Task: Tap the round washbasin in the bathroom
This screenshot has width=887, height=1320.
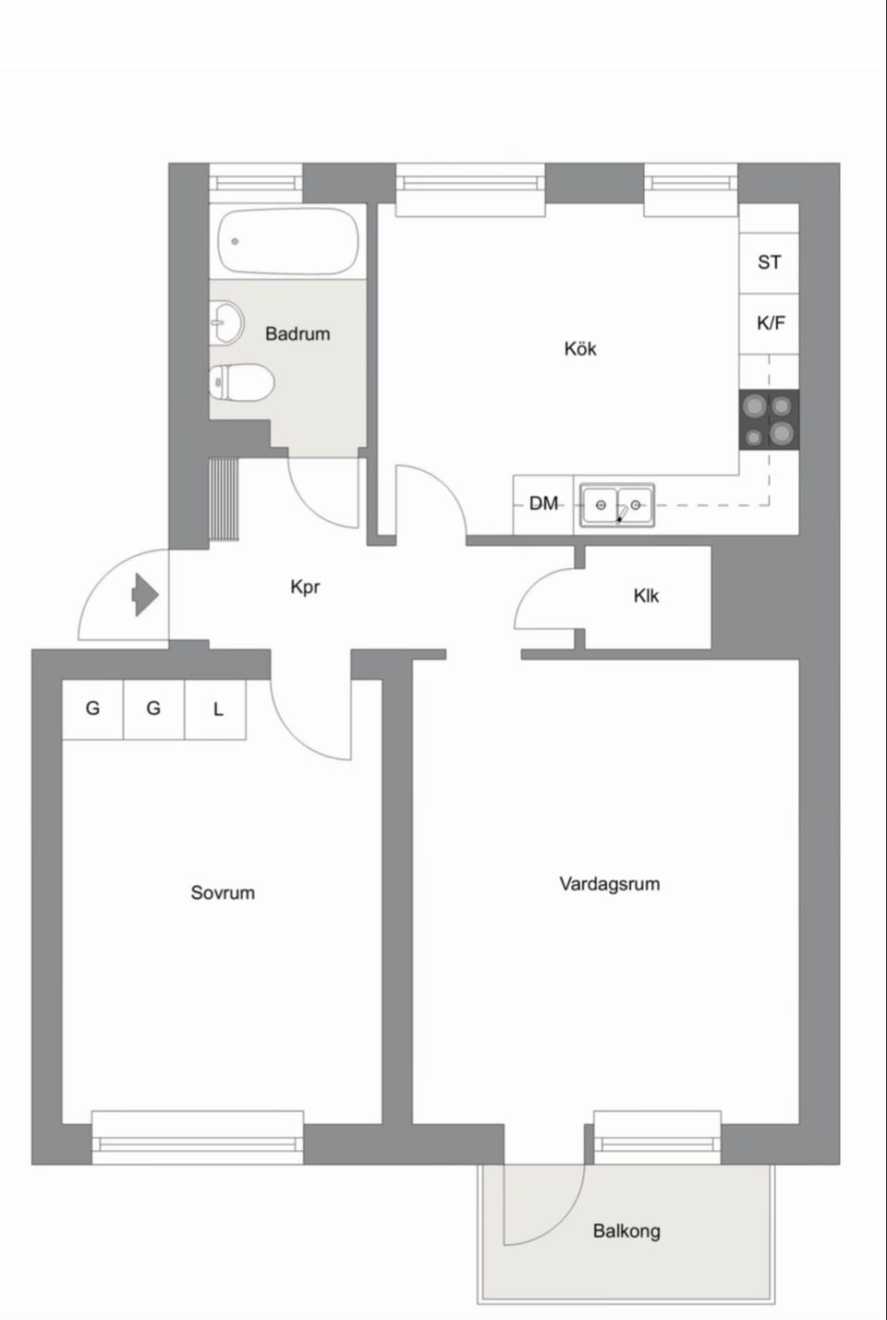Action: coord(225,323)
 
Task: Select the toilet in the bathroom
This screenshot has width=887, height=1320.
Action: coord(241,382)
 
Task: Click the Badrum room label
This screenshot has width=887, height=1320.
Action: coord(298,334)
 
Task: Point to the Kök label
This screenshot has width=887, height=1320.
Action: coord(580,349)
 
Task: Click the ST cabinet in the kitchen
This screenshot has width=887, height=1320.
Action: coord(769,263)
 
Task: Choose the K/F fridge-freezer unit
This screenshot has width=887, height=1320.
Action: coord(770,323)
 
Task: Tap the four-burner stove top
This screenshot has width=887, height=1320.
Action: coord(770,419)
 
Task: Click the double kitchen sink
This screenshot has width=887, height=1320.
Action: coord(617,505)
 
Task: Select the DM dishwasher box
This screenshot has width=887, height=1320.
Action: coord(544,504)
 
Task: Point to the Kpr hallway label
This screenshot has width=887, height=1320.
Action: coord(305,587)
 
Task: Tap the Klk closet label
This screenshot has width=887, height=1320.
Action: coord(646,597)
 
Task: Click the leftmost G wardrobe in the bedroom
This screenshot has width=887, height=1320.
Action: coord(92,709)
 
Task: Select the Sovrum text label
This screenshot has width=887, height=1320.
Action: coord(223,893)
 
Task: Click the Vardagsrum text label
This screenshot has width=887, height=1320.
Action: coord(609,884)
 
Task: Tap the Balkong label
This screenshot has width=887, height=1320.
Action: coord(626,1231)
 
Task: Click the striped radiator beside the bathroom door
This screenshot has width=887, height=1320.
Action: coord(225,497)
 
